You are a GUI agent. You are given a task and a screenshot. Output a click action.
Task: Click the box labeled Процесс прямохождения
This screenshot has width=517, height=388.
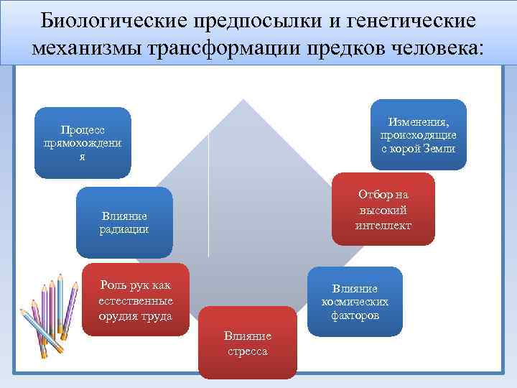83,142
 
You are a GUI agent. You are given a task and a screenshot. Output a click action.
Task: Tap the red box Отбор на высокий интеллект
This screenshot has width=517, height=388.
383,210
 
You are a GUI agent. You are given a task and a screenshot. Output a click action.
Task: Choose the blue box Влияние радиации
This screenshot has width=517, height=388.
124,222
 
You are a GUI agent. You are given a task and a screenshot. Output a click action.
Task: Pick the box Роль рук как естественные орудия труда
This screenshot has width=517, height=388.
136,300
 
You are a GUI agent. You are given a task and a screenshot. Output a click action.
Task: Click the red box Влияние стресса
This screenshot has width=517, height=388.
247,343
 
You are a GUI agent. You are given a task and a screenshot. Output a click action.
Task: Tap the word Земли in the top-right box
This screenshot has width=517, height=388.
439,149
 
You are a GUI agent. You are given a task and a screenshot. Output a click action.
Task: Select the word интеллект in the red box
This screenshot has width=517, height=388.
383,225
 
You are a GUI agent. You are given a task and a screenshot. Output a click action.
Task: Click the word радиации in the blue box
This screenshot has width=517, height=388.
124,229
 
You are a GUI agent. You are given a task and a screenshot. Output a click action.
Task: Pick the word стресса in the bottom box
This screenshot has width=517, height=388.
247,351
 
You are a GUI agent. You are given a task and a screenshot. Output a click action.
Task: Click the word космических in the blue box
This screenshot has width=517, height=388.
355,302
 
